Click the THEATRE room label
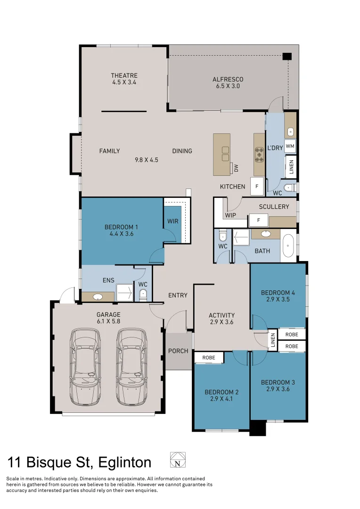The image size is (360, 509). pos(124,75)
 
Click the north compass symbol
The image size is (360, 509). pos(178,460)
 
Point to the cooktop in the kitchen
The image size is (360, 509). pos(260,154)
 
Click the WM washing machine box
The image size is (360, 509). pos(290,146)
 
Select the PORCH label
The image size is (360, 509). pos(178,351)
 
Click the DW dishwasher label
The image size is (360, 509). pos(237,167)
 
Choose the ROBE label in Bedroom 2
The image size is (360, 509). pos(208,358)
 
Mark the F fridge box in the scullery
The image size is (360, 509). pos(258,220)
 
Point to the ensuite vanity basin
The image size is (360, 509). pos(98,297)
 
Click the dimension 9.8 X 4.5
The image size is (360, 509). pos(146,160)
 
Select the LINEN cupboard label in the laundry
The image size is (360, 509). pos(291,167)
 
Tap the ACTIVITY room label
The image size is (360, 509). pos(221,315)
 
